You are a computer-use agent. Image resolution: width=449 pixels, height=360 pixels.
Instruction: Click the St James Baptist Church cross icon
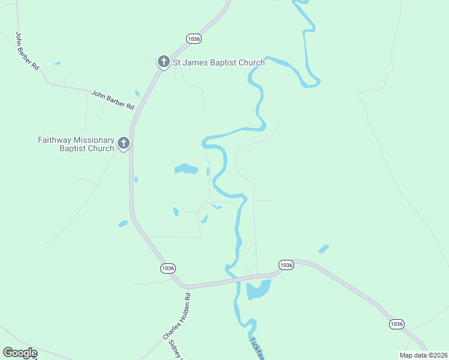coord(163,62)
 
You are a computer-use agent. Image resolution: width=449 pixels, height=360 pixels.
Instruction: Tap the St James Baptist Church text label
coord(219,62)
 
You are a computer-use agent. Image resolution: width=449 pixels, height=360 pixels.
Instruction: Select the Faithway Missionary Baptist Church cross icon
coord(124,143)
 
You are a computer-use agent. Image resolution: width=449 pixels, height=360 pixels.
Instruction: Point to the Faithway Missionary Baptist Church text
coord(76,144)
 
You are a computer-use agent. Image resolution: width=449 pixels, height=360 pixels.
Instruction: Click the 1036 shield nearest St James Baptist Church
coord(194,38)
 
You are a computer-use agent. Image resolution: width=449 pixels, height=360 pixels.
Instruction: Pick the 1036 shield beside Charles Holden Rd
coord(169,268)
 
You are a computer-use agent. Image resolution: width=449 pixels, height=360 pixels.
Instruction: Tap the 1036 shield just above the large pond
coord(286,265)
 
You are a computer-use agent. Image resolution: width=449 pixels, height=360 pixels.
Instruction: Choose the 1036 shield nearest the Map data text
coord(396,324)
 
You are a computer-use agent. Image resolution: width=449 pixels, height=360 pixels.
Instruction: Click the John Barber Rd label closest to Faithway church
coord(113,100)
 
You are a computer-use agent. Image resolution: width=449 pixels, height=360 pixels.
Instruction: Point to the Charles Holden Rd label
coord(176,317)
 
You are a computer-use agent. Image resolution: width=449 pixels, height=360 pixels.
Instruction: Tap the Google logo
coord(20,353)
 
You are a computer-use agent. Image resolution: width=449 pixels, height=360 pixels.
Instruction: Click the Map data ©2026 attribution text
coord(423,355)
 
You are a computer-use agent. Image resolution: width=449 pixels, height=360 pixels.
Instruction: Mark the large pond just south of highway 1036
coord(258,290)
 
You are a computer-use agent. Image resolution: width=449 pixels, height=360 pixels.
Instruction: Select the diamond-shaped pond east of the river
coord(324,248)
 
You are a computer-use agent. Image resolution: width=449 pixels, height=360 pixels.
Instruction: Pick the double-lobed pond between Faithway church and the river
coord(186,169)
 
